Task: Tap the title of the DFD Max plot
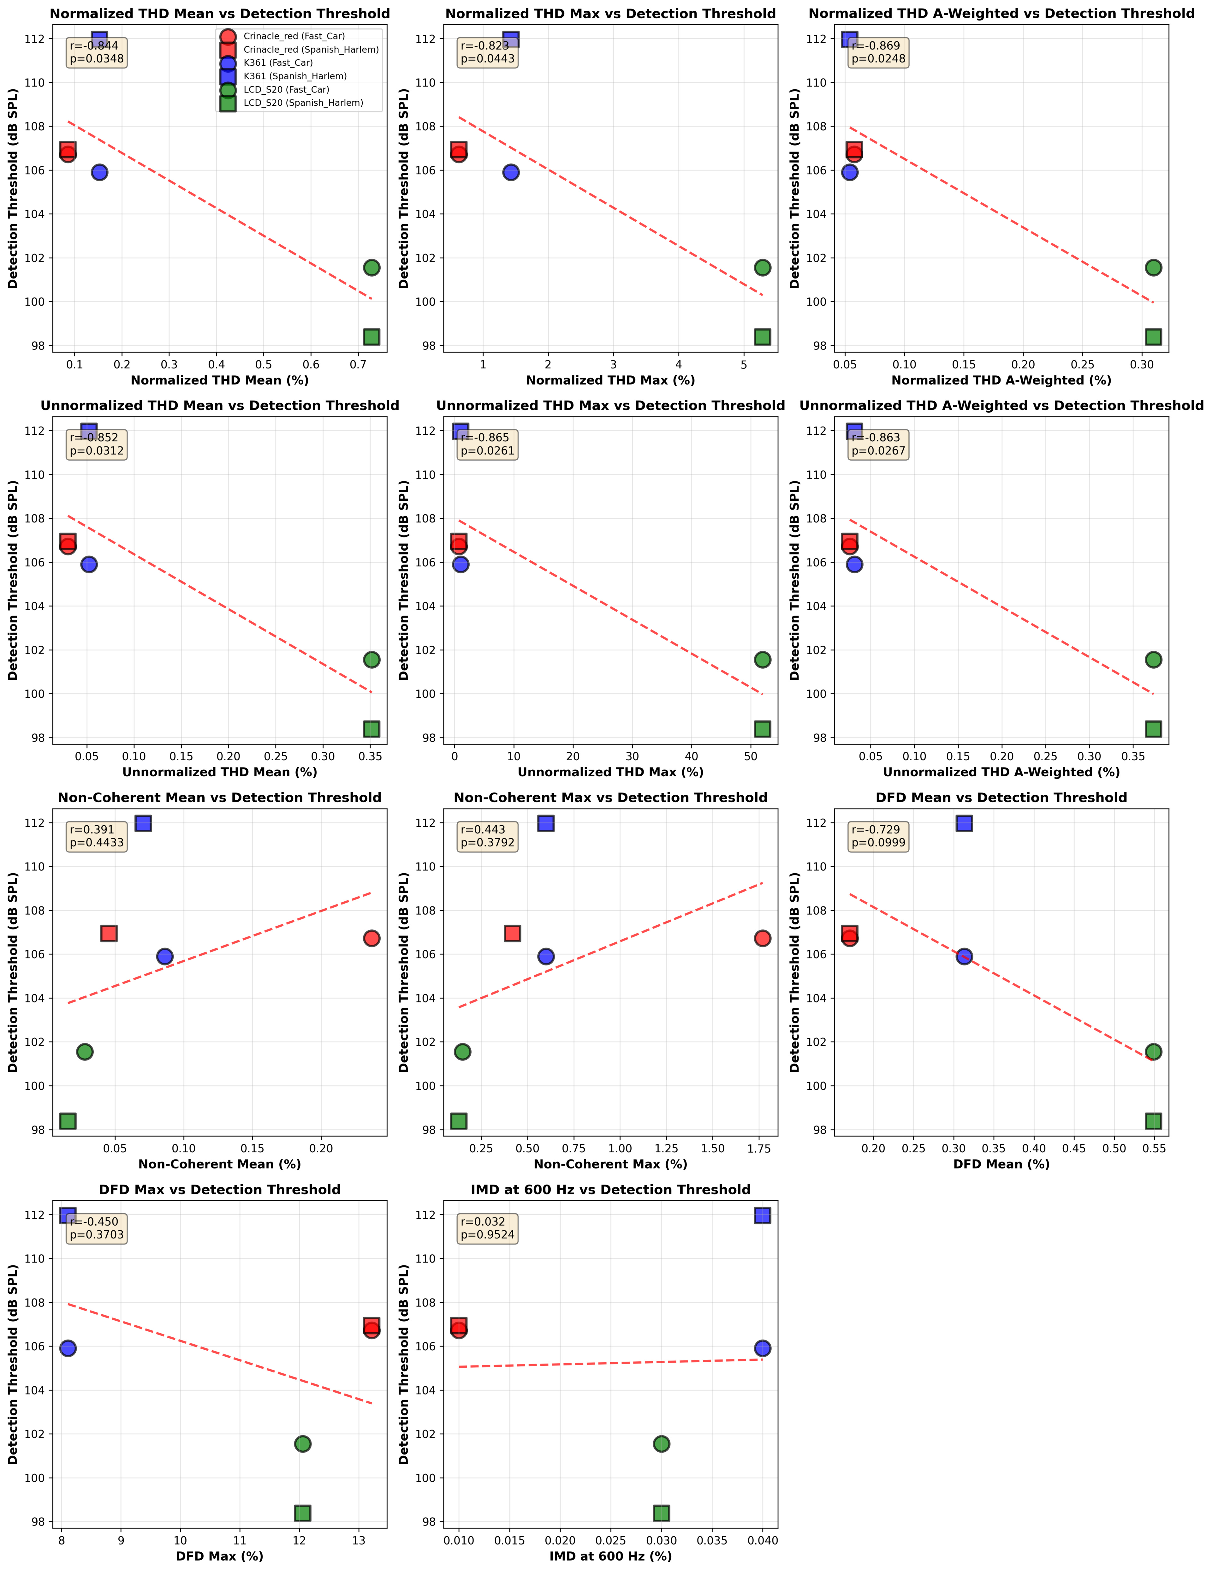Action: coord(219,1190)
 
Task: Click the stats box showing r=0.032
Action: coord(488,1228)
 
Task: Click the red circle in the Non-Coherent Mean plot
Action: coord(371,938)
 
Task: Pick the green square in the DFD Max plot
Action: coord(303,1513)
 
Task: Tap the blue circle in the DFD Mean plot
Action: coord(964,956)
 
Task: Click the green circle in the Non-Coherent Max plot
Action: coord(462,1052)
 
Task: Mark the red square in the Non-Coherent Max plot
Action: coord(512,933)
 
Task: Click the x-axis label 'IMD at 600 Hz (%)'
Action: coord(611,1556)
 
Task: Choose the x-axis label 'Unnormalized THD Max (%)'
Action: coord(611,772)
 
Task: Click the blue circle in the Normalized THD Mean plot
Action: coord(99,172)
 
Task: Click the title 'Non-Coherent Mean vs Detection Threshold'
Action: coord(219,798)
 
